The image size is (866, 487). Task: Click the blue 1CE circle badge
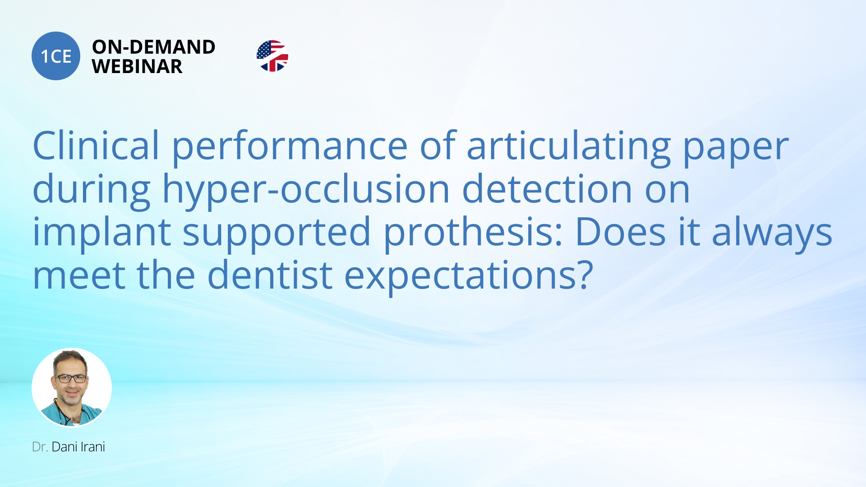tap(56, 56)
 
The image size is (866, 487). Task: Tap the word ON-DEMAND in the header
tap(153, 47)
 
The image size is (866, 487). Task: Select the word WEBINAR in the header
tap(137, 67)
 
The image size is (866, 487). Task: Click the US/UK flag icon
tap(272, 56)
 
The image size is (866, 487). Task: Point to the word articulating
tap(569, 147)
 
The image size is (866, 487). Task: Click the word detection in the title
tap(547, 189)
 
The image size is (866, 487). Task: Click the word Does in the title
tap(620, 232)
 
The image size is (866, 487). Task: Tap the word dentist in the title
tap(270, 275)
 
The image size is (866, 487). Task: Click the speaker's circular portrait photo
tap(72, 388)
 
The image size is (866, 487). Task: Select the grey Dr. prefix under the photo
tap(40, 447)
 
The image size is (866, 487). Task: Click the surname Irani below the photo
tap(92, 447)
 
